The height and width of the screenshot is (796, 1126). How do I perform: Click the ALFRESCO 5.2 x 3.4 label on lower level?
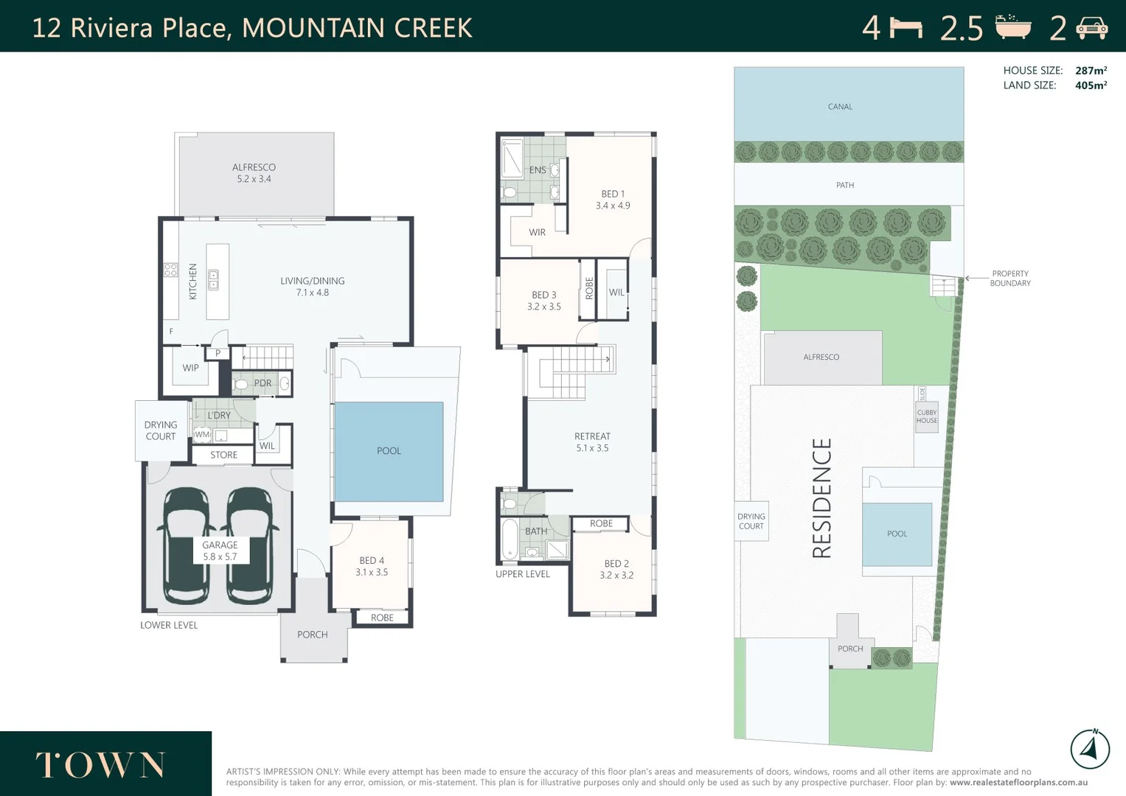pyautogui.click(x=254, y=173)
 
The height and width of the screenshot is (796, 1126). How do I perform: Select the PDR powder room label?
pyautogui.click(x=263, y=383)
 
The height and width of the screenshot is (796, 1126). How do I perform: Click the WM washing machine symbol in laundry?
pyautogui.click(x=202, y=435)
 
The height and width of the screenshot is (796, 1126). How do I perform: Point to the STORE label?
pyautogui.click(x=223, y=455)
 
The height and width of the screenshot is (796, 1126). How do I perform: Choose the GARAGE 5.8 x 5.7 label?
pyautogui.click(x=220, y=551)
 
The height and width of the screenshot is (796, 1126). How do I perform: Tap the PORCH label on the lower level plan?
pyautogui.click(x=312, y=635)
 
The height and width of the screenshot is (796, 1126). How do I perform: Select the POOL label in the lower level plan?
pyautogui.click(x=389, y=451)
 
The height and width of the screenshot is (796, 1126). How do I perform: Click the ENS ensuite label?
pyautogui.click(x=538, y=170)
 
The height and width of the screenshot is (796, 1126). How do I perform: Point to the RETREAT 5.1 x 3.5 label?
pyautogui.click(x=592, y=442)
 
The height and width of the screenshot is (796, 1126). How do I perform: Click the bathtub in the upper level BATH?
pyautogui.click(x=510, y=540)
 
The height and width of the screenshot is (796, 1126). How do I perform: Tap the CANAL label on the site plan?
pyautogui.click(x=840, y=107)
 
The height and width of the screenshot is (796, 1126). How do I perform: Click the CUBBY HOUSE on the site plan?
pyautogui.click(x=926, y=416)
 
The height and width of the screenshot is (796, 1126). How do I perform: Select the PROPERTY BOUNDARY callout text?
pyautogui.click(x=1010, y=279)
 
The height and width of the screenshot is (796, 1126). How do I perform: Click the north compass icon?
pyautogui.click(x=1090, y=750)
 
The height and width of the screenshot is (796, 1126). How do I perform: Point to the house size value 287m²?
pyautogui.click(x=1091, y=71)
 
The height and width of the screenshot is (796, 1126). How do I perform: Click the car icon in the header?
pyautogui.click(x=1092, y=28)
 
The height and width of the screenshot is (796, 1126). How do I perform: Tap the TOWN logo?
pyautogui.click(x=100, y=765)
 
